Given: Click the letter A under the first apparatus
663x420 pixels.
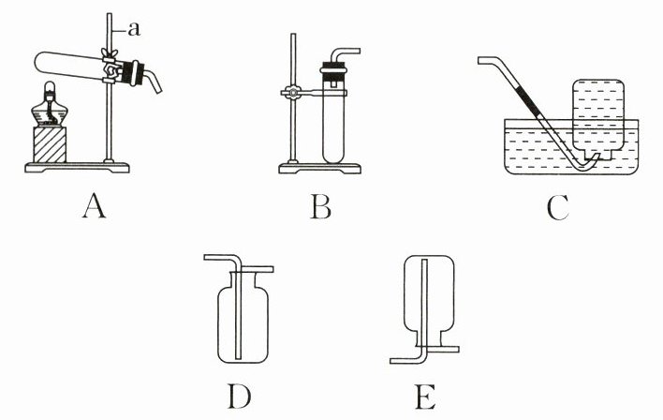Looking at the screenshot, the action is pyautogui.click(x=92, y=204).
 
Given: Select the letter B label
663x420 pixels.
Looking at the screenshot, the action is pyautogui.click(x=320, y=205).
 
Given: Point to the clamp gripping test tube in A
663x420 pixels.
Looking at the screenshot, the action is pyautogui.click(x=113, y=68).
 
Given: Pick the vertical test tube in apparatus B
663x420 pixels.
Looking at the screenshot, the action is pyautogui.click(x=334, y=122).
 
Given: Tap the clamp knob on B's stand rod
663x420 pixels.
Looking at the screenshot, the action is pyautogui.click(x=291, y=93).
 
